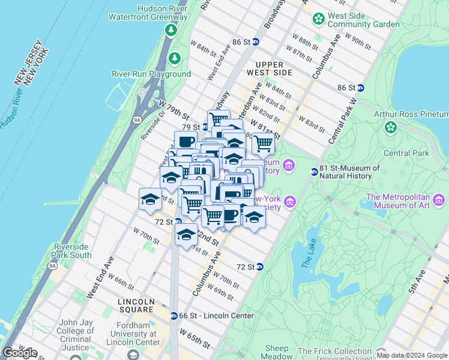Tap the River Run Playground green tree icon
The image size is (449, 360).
coord(175,59)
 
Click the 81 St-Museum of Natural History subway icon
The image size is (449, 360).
coord(314,172)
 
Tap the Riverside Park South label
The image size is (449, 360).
coord(72,251)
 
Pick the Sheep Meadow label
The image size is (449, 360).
coord(277,352)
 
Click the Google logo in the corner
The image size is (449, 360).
coord(20,353)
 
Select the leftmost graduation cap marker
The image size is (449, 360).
coord(150,200)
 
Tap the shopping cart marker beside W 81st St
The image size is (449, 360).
coord(263,143)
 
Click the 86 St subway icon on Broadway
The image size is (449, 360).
coord(255,42)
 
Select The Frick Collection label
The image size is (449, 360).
coord(336,351)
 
